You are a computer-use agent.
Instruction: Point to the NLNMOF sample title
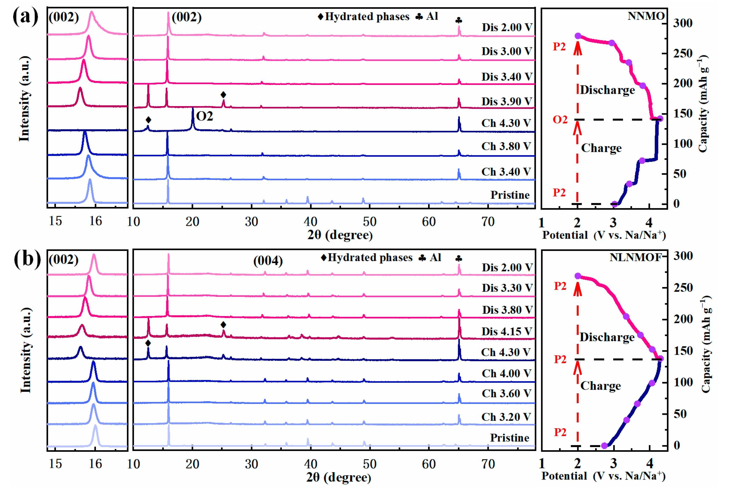pos(636,257)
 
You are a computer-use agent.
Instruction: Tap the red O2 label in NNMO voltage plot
pos(560,120)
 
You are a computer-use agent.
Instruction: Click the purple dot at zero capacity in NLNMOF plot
pos(604,446)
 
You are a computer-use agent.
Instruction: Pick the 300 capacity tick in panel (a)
pos(683,23)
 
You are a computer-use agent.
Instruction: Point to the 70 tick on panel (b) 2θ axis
pos(488,464)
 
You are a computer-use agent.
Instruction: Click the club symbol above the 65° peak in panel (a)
pos(459,21)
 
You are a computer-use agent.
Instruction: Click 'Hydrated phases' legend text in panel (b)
pos(370,258)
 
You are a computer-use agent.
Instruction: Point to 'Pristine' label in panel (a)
pos(510,195)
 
